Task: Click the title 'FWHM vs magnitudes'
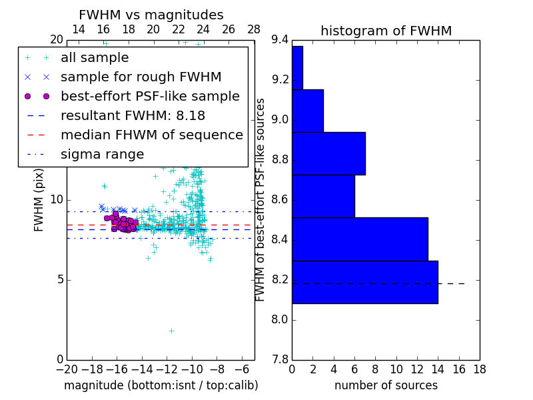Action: pos(151,15)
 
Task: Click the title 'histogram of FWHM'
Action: pos(386,31)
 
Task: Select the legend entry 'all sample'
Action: pos(95,58)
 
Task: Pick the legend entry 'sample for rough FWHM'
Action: pos(141,77)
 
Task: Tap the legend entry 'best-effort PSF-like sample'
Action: pos(150,96)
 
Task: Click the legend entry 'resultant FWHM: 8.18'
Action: pos(133,115)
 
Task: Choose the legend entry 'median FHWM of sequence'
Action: pos(151,135)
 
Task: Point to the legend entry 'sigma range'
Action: pos(102,154)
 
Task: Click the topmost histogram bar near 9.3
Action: pos(297,67)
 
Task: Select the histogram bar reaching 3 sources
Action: pos(308,111)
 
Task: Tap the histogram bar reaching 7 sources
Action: pos(328,153)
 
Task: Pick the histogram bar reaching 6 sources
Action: pos(323,196)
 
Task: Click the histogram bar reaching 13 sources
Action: pos(360,239)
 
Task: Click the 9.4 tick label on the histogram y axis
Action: pos(280,40)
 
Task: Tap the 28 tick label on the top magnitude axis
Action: pos(254,29)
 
